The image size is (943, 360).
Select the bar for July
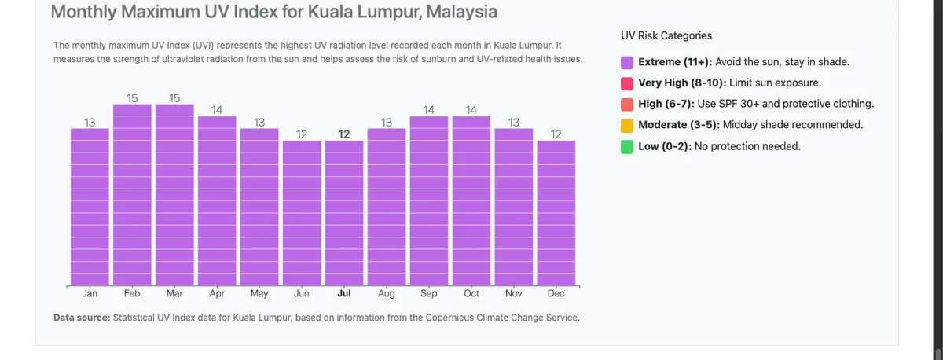344,212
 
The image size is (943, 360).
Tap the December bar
556,212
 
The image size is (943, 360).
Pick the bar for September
429,200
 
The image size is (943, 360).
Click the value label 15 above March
174,98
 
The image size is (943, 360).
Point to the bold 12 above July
344,134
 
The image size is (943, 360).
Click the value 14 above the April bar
217,111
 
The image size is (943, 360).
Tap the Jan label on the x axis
90,294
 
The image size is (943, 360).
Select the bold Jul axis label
344,294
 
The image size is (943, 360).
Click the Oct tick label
472,294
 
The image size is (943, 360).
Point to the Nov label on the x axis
514,294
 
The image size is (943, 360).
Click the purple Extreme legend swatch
627,62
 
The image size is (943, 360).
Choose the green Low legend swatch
627,147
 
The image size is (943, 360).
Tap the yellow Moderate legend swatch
627,126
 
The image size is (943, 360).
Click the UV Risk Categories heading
666,35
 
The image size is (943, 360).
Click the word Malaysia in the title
459,13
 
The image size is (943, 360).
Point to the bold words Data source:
82,318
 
